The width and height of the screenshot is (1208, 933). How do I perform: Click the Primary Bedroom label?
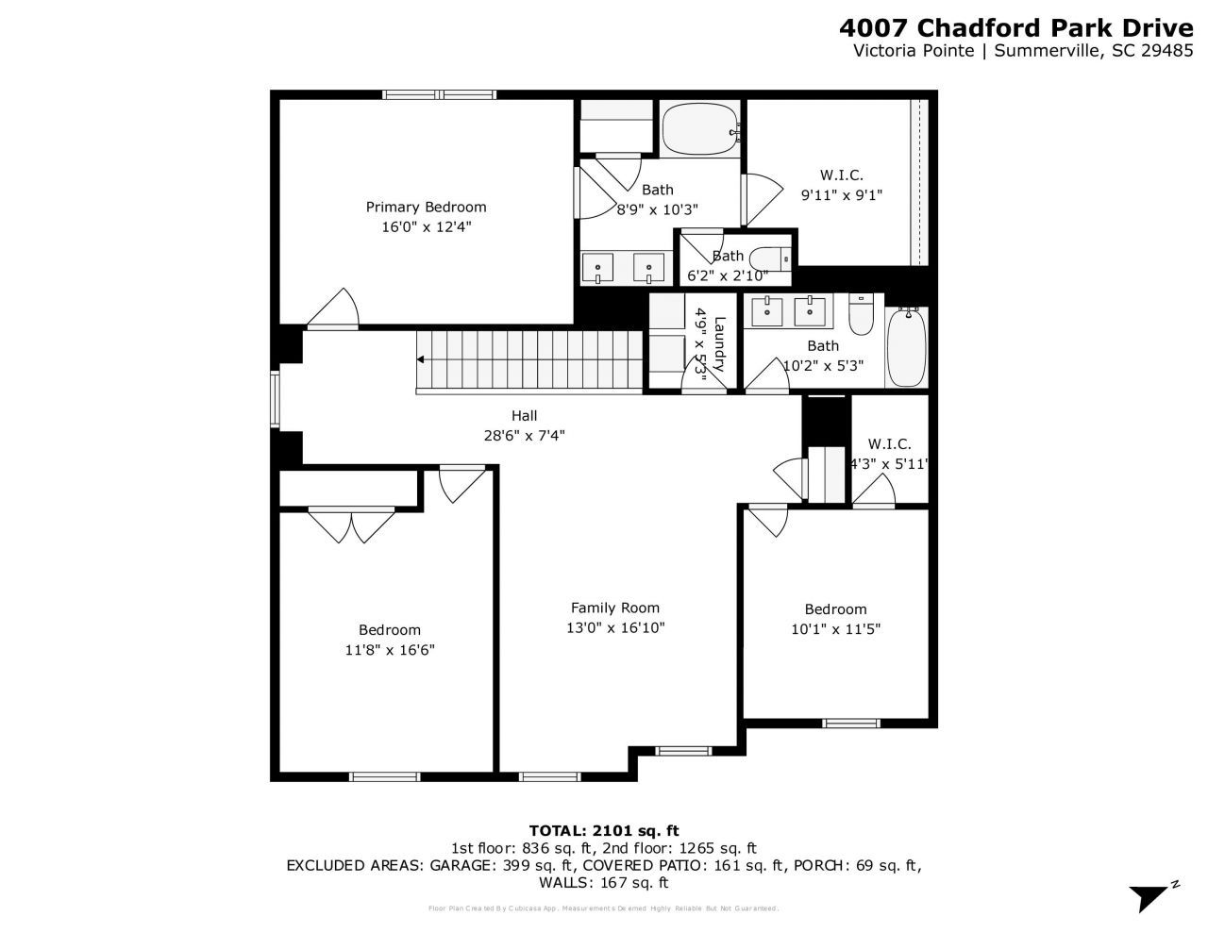coord(426,207)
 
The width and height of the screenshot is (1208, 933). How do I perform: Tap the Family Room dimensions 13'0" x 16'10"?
coord(615,627)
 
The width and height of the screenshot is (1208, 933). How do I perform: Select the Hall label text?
coord(524,415)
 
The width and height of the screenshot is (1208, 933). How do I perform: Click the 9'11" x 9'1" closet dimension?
coord(841,194)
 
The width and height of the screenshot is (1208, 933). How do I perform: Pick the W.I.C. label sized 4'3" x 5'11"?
coord(889,443)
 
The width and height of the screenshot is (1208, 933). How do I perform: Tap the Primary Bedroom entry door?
coord(332,309)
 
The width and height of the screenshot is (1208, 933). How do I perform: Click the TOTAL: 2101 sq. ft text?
coord(604,830)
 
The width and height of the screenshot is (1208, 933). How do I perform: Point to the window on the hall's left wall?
coord(276,398)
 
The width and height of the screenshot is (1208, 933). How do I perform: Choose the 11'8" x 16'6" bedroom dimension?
coord(389,650)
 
